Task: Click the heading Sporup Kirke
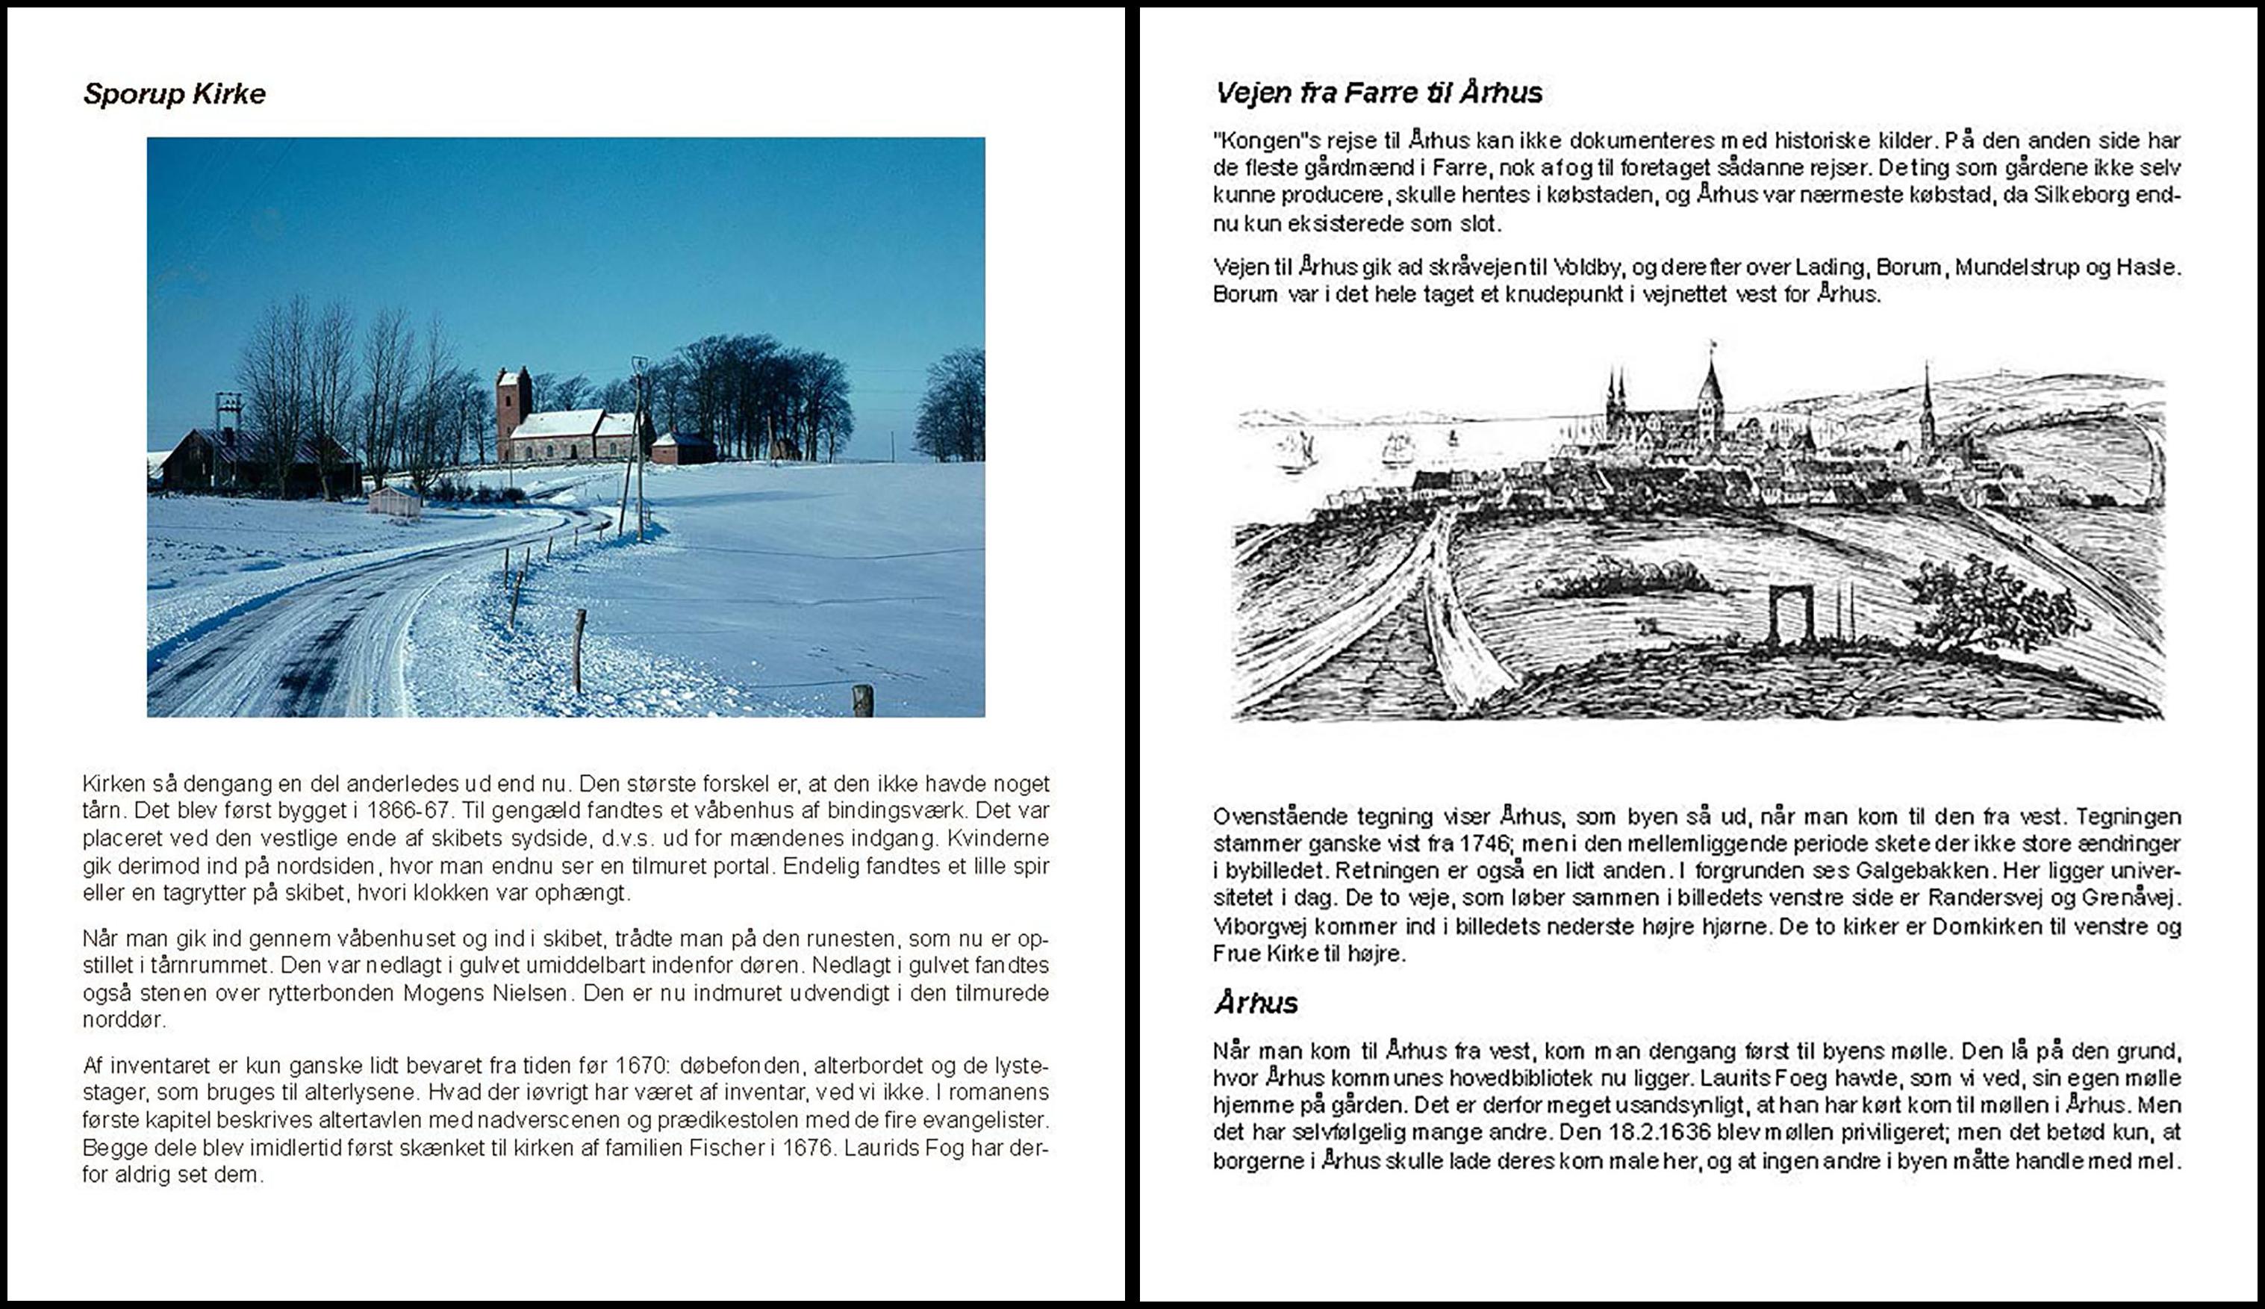[175, 94]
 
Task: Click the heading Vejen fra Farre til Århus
[1378, 93]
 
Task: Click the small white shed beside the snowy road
[395, 501]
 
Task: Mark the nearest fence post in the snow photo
[862, 700]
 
